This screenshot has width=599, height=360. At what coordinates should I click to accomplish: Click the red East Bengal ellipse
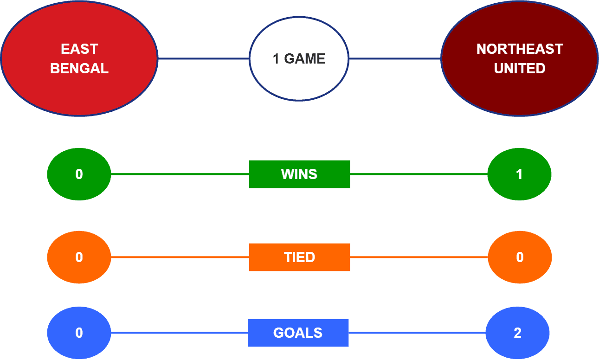pos(79,58)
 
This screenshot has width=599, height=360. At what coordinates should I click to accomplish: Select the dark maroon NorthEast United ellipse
pos(519,58)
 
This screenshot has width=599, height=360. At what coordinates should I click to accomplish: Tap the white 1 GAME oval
pos(299,58)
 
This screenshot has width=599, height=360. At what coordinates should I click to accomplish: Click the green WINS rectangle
pos(300,174)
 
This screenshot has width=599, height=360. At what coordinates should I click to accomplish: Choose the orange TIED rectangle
pos(300,257)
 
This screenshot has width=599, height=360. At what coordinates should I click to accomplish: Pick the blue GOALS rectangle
pos(298,333)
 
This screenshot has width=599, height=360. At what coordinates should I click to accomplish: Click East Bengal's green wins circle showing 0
pos(79,174)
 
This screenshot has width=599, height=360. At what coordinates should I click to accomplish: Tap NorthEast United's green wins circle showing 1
pos(519,174)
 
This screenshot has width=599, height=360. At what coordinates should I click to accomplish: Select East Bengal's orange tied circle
pos(79,257)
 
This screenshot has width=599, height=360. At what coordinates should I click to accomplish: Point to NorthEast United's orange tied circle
pos(520,257)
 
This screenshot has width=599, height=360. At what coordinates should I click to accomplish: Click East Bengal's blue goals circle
pos(79,333)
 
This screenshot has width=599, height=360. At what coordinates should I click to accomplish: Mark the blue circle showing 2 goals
pos(517,333)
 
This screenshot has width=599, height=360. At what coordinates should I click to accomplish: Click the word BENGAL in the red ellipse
pos(79,69)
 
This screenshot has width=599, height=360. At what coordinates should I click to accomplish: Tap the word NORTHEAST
pos(520,49)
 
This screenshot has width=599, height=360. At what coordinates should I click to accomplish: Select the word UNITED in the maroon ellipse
pos(520,69)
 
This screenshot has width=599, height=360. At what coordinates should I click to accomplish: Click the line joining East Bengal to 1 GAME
pos(204,58)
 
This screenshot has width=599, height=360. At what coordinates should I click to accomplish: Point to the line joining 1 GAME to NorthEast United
pos(395,58)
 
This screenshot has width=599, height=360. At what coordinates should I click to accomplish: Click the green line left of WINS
pos(180,174)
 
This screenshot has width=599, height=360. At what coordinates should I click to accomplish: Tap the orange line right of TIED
pos(419,257)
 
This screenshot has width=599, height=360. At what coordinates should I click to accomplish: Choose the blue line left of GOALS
pos(179,333)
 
